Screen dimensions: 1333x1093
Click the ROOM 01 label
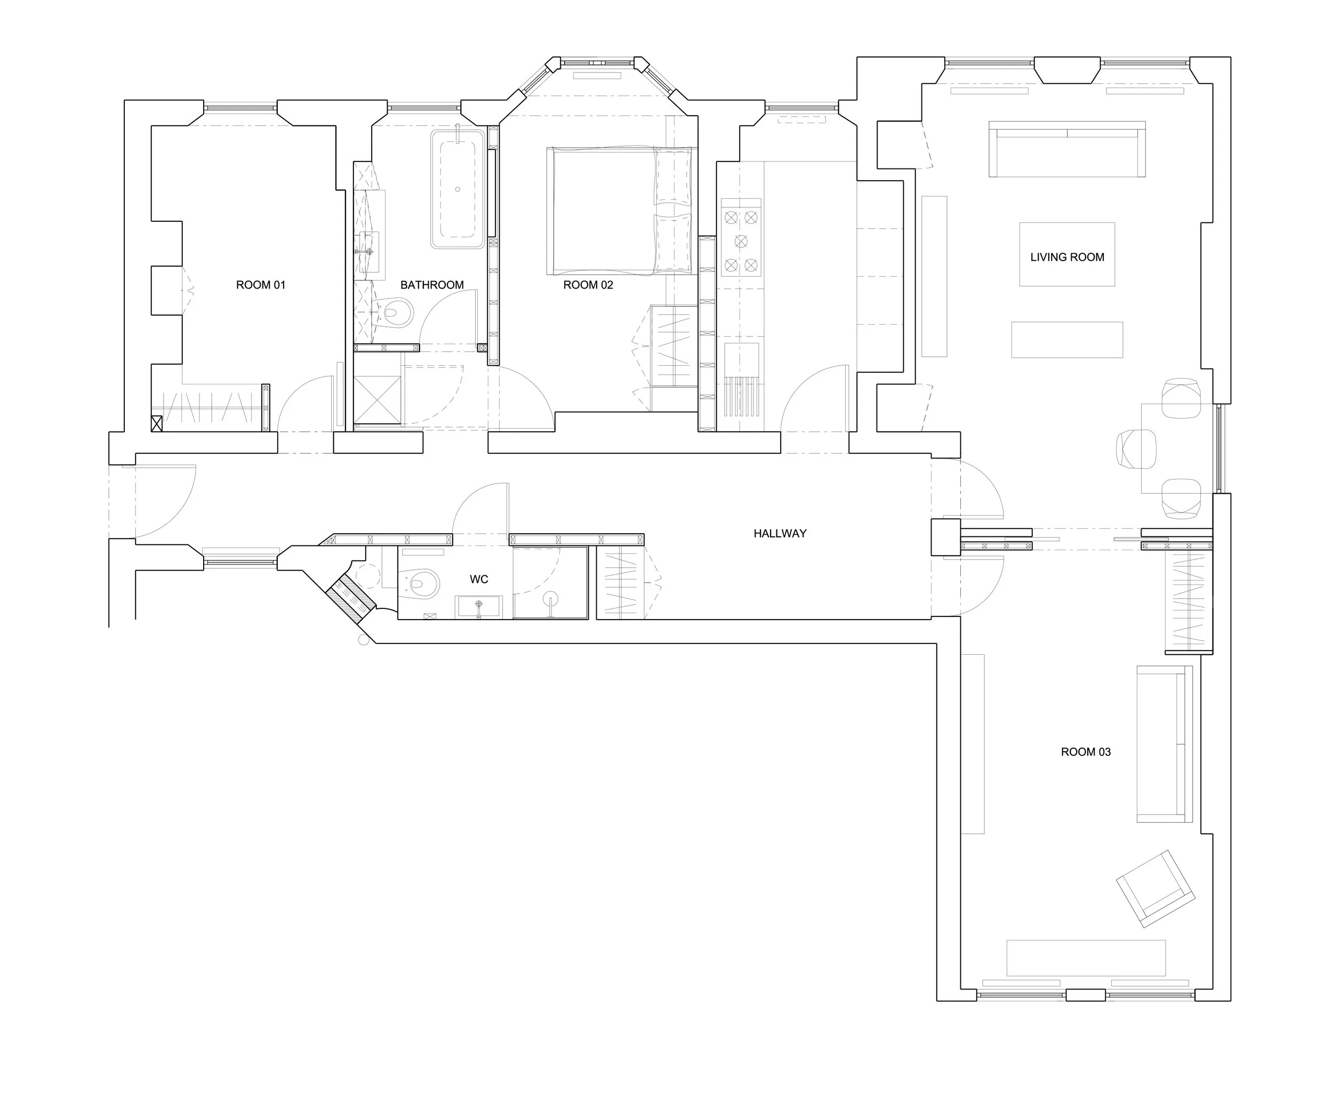click(x=261, y=285)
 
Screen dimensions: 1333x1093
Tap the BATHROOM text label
click(x=432, y=285)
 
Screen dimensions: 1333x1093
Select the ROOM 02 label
click(x=588, y=285)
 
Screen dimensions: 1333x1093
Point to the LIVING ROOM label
click(x=1067, y=257)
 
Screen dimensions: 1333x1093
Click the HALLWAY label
click(x=780, y=533)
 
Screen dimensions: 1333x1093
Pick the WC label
click(x=478, y=579)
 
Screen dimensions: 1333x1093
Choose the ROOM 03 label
click(x=1086, y=752)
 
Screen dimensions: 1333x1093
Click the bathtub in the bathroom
click(x=458, y=189)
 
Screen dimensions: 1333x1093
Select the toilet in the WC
click(x=421, y=582)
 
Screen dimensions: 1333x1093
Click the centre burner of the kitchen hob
click(x=741, y=241)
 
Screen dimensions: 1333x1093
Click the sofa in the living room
click(x=1066, y=149)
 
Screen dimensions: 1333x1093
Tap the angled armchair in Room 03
click(x=1155, y=888)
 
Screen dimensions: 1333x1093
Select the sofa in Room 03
click(x=1165, y=744)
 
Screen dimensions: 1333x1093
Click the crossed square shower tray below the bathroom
click(x=377, y=400)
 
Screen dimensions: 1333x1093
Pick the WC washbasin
click(x=478, y=606)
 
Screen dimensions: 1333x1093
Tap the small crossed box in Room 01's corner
click(x=157, y=423)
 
